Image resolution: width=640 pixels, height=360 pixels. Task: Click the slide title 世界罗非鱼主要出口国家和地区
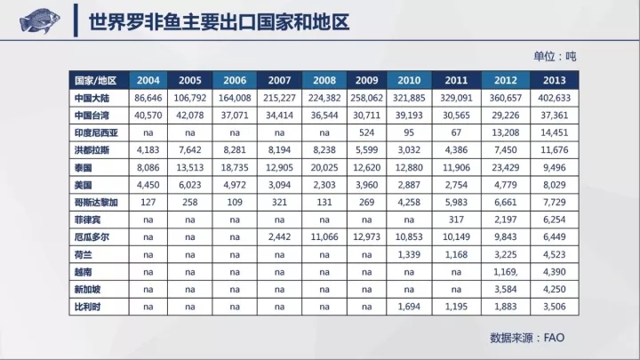click(219, 21)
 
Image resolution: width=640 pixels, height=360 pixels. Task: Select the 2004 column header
click(149, 79)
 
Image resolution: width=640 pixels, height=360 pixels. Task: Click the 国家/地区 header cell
click(97, 79)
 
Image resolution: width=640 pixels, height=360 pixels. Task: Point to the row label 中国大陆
click(93, 97)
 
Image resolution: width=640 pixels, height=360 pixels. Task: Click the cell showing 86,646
click(149, 97)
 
